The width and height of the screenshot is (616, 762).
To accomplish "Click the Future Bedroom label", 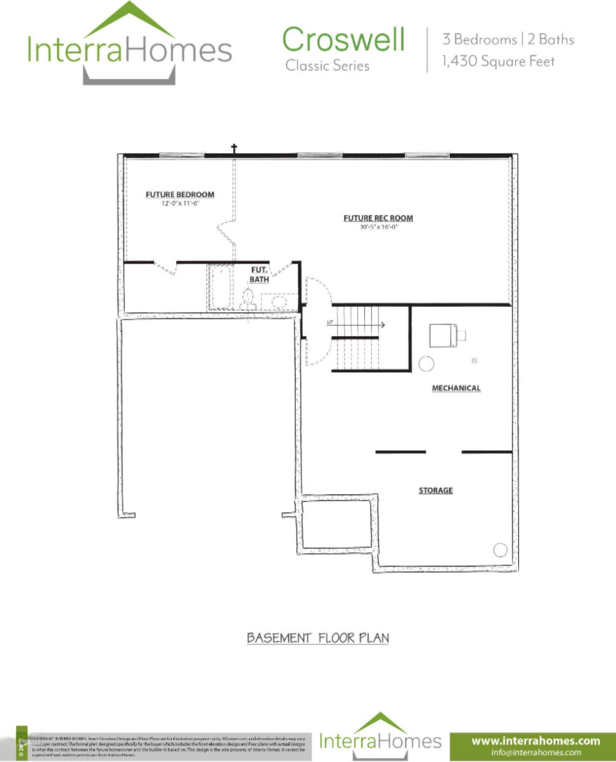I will tap(180, 195).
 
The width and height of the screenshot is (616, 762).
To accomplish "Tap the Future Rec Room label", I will tap(378, 218).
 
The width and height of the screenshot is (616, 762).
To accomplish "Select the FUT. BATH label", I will tap(259, 275).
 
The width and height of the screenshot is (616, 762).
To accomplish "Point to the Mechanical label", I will tap(456, 388).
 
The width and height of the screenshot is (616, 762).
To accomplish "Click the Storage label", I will tap(436, 490).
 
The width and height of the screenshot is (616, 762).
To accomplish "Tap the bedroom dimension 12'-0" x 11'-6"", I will tap(180, 203).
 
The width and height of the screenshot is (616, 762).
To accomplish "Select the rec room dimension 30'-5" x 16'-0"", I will tap(379, 227).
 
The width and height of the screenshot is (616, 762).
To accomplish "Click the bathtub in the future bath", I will tap(221, 287).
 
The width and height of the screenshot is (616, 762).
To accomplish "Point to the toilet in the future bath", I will tap(248, 299).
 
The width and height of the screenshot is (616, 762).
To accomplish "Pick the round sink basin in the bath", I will tap(279, 302).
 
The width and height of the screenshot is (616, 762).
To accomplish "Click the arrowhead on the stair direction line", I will tap(383, 325).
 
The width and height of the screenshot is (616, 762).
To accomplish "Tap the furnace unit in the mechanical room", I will tap(443, 335).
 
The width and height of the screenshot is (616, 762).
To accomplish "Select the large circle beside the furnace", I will tap(426, 363).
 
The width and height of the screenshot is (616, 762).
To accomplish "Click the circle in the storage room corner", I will tap(500, 549).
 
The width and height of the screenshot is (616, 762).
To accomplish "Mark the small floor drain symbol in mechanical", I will tap(474, 360).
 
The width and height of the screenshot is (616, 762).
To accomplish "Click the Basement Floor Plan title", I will tap(318, 638).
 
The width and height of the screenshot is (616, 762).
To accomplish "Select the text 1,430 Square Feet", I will tap(498, 61).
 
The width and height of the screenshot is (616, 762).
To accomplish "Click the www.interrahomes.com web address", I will tap(536, 741).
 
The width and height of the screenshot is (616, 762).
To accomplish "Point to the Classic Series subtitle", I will tap(327, 66).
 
